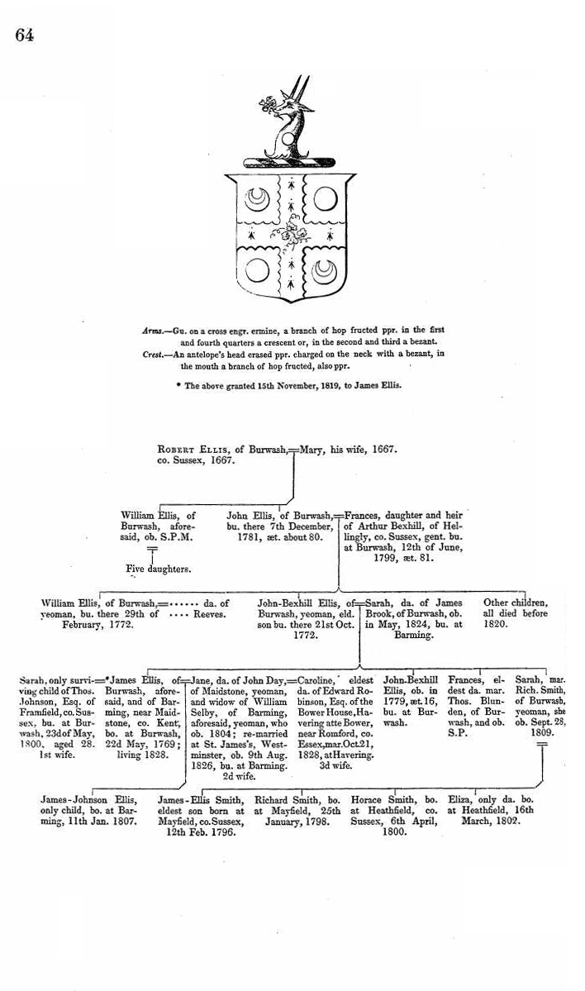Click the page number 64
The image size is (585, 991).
[x=23, y=35]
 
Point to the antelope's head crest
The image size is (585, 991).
[x=286, y=120]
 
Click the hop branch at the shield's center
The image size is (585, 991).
[x=290, y=235]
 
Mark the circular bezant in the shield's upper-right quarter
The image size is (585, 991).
[x=322, y=199]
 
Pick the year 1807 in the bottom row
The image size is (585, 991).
[x=122, y=823]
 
